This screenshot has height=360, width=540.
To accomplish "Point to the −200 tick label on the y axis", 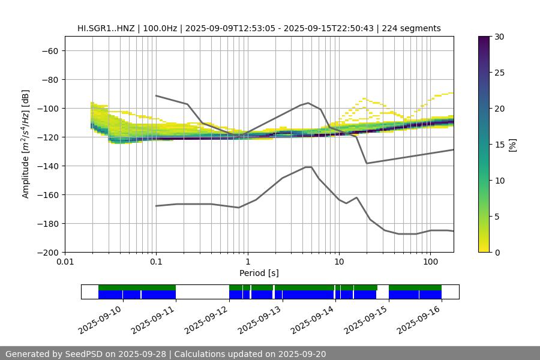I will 47,252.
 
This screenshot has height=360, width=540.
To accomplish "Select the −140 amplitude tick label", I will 47,166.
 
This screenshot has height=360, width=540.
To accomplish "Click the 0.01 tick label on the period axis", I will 65,262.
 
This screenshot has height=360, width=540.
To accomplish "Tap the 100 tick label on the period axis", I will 430,262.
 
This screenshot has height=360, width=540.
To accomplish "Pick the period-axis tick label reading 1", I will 247,262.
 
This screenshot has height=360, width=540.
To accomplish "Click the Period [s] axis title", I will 259,273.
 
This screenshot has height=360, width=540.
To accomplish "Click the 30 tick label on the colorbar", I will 499,37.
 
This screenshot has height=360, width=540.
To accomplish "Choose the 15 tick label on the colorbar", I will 499,145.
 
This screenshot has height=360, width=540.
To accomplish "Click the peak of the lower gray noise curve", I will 308,167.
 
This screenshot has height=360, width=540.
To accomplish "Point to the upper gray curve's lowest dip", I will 367,163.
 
